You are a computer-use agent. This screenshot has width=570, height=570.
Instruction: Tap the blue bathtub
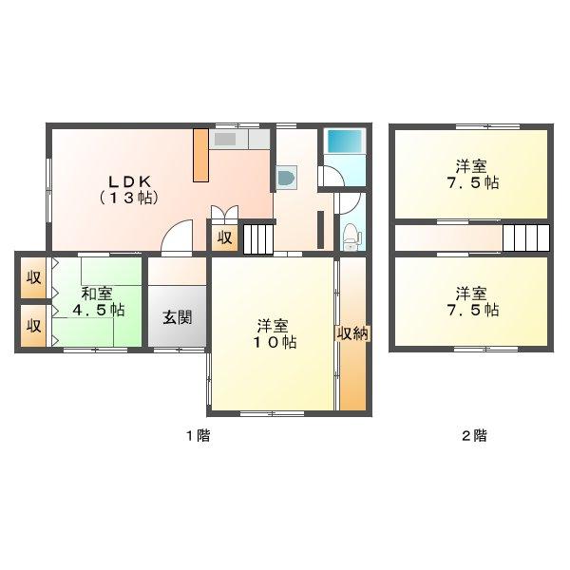tap(346, 141)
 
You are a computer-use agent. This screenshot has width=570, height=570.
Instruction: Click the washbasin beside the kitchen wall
tap(287, 178)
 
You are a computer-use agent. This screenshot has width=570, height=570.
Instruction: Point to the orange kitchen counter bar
tap(200, 155)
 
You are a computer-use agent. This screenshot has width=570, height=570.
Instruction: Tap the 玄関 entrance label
tap(177, 318)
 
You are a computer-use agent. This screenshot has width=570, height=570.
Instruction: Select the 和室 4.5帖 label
tap(98, 302)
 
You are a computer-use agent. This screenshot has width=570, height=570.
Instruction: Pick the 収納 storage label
tap(352, 333)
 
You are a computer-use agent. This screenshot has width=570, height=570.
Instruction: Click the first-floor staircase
tap(258, 238)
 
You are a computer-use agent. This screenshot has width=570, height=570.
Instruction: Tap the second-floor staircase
tap(525, 237)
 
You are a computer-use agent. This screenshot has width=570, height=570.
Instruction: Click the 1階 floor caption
tap(199, 435)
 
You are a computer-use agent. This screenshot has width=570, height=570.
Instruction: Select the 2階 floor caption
tap(474, 435)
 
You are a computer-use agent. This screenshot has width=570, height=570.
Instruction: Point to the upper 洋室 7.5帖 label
tap(472, 175)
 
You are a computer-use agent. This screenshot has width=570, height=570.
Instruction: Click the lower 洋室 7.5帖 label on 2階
tap(472, 302)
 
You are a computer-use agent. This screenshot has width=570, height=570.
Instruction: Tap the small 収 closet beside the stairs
tap(224, 237)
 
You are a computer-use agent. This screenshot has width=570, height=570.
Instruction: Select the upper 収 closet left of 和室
tap(33, 277)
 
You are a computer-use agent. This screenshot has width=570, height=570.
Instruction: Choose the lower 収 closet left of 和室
tap(33, 325)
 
